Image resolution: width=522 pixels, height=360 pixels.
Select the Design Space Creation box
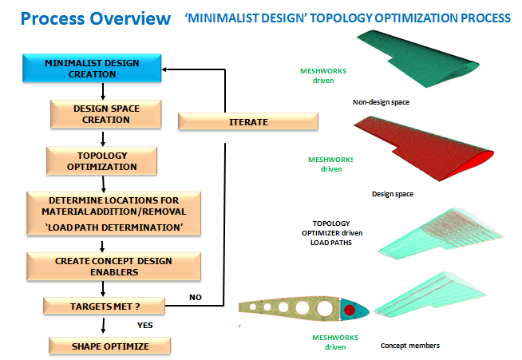(x=101, y=114)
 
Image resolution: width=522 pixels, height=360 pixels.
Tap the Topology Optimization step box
(x=101, y=160)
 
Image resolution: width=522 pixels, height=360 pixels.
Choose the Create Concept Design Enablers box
(x=100, y=266)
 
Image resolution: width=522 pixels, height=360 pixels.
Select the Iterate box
(x=247, y=122)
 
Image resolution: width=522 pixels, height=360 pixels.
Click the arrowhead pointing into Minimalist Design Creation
(x=168, y=69)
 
